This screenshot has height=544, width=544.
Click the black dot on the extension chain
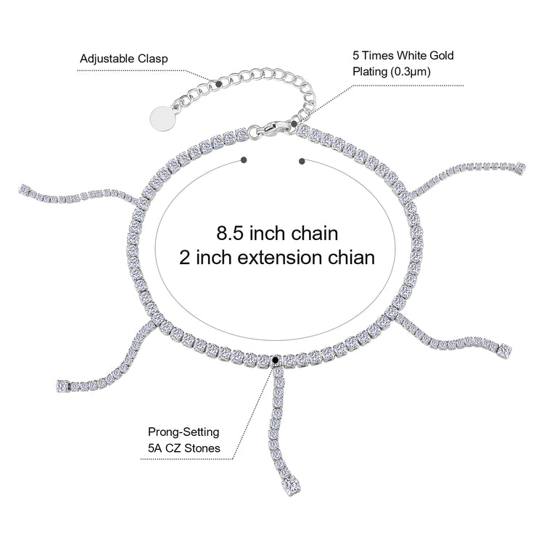click(219, 84)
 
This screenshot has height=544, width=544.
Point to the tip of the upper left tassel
click(22, 190)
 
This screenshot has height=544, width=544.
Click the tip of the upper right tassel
click(519, 167)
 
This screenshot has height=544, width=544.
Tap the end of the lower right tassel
click(501, 353)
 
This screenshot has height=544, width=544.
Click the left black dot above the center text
click(243, 160)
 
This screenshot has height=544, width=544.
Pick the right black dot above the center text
click(301, 160)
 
